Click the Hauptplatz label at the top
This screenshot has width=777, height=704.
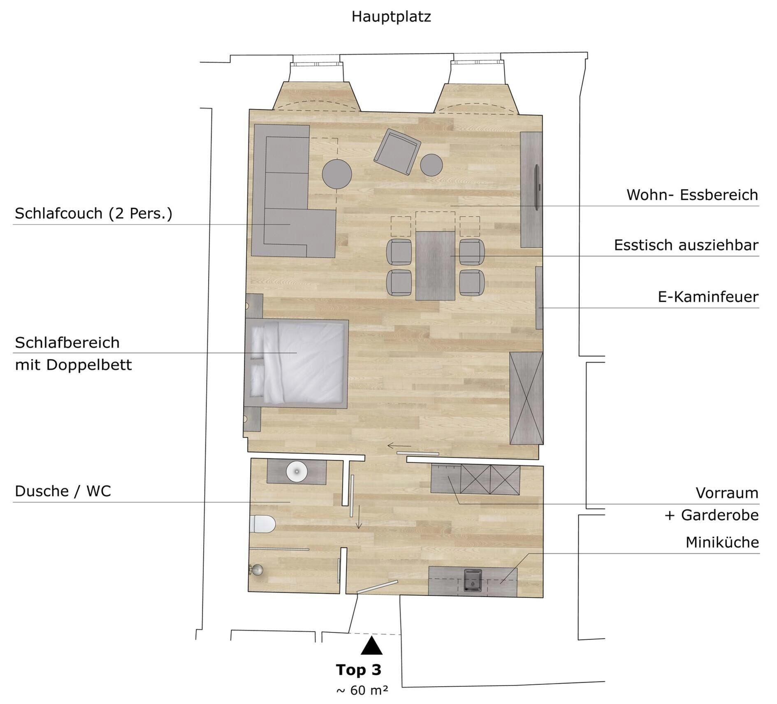[391, 17]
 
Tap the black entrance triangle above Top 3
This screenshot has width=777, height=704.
[371, 646]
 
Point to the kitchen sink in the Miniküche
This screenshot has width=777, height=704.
[473, 580]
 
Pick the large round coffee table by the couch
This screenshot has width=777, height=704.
[336, 174]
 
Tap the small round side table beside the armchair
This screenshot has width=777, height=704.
[431, 165]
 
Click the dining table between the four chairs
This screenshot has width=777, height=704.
[435, 266]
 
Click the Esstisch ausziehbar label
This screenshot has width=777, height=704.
[686, 245]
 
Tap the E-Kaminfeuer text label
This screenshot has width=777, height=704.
[707, 297]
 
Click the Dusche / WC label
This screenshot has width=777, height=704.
[63, 491]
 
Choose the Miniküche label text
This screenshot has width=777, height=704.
[721, 542]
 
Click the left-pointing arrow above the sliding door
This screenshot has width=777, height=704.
[399, 446]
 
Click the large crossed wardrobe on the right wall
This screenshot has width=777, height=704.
[526, 398]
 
